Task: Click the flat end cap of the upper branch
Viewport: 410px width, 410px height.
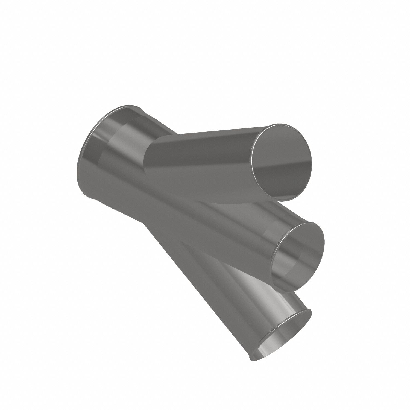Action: pos(282,161)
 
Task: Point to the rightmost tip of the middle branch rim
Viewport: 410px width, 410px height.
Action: pos(324,241)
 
